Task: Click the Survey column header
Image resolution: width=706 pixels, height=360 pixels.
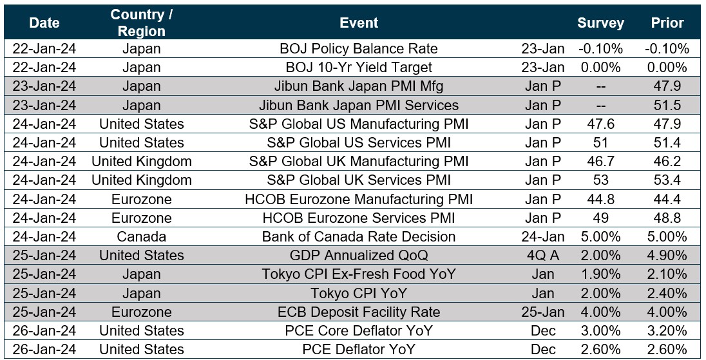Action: coord(600,23)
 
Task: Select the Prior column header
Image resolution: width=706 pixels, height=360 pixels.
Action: coord(667,23)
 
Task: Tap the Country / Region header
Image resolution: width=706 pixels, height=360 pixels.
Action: coord(142,23)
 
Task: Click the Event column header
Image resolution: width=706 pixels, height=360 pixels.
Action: coord(359,23)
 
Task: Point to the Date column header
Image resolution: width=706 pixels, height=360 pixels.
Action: coord(44,23)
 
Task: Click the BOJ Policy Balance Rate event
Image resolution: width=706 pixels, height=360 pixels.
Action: coord(359,49)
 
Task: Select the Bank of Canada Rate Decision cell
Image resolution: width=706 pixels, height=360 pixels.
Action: coord(359,237)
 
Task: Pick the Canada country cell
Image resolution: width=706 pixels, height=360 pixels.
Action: coord(142,237)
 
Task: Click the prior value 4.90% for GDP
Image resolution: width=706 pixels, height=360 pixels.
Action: coord(667,256)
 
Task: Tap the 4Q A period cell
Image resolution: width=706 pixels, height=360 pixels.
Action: coord(543,256)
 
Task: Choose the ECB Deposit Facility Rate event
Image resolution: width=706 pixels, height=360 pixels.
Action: coord(359,312)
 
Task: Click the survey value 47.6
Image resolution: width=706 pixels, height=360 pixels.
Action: coord(600,124)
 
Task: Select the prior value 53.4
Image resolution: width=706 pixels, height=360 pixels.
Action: coord(667,180)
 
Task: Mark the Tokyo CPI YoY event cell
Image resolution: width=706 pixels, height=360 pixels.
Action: coord(359,294)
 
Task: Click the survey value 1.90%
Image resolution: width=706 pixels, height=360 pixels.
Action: coord(600,274)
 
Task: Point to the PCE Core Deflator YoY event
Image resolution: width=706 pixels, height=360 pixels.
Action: coord(359,331)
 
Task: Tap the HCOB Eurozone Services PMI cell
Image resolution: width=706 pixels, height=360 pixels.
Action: coord(359,218)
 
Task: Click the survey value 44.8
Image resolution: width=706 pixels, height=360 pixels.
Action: coord(600,200)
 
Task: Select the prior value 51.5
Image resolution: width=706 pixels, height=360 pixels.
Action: coord(667,105)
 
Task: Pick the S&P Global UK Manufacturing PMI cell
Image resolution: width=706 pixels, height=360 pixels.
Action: coord(359,162)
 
